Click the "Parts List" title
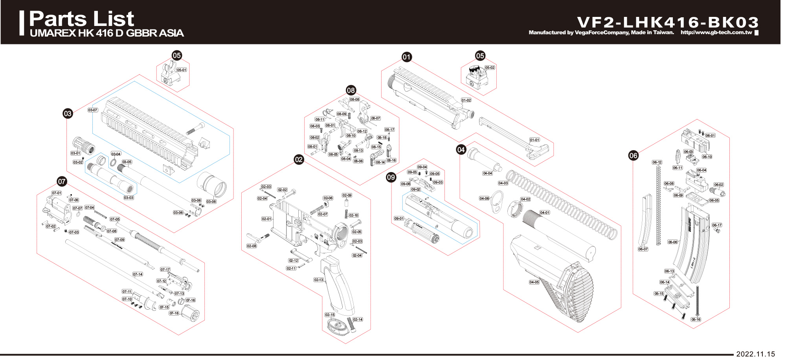(81, 19)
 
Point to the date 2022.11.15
(755, 354)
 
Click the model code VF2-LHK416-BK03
(668, 22)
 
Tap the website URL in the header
(716, 33)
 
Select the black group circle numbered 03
(68, 114)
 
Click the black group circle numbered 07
(62, 181)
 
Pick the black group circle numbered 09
(391, 177)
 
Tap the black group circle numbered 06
(633, 155)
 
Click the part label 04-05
(534, 282)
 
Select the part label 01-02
(466, 100)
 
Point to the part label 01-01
(534, 140)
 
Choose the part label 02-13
(319, 280)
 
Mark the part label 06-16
(696, 320)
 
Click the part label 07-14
(138, 274)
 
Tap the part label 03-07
(93, 110)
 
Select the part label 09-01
(399, 219)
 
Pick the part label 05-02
(490, 68)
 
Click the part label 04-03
(503, 183)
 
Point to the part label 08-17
(389, 130)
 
